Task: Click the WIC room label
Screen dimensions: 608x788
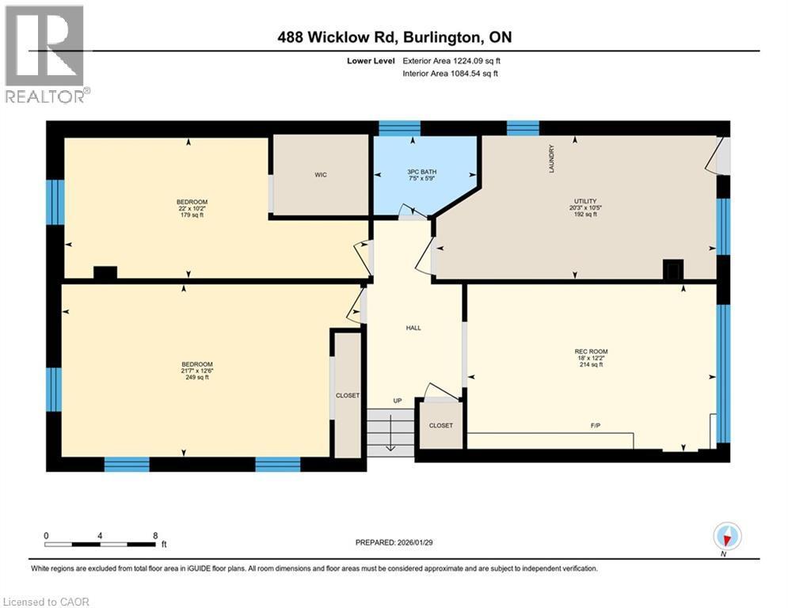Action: tap(321, 175)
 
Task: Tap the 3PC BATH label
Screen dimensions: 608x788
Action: tap(421, 172)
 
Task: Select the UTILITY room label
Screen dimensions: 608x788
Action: tap(585, 202)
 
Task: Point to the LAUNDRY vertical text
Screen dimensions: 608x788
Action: tap(552, 158)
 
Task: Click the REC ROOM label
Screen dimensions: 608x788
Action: tap(591, 351)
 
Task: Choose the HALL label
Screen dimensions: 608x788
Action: tap(413, 328)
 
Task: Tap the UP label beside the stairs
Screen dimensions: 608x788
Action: tap(398, 401)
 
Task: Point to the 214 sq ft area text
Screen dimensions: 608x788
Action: tap(591, 366)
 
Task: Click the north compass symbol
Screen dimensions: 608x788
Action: tap(726, 537)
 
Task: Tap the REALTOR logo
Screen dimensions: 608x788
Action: tap(47, 55)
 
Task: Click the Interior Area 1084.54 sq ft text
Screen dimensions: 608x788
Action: tap(450, 74)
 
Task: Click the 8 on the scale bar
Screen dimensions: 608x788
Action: tap(154, 535)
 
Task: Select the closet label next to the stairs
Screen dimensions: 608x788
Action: tap(441, 425)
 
